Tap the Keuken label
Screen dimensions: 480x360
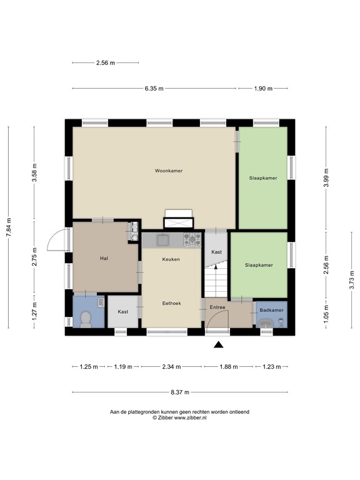point(171,259)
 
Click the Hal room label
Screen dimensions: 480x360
point(104,257)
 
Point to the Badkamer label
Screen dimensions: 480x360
point(272,310)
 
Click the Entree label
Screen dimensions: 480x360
point(217,307)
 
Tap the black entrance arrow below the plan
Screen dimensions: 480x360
point(218,344)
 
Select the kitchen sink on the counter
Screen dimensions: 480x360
point(164,239)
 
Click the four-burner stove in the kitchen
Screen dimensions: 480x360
point(192,239)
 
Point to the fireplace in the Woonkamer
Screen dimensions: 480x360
point(179,219)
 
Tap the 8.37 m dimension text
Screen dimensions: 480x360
point(179,392)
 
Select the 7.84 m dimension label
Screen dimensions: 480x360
point(9,228)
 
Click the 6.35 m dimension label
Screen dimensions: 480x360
point(154,89)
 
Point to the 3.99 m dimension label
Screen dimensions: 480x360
point(326,177)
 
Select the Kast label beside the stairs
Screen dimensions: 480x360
point(216,251)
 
